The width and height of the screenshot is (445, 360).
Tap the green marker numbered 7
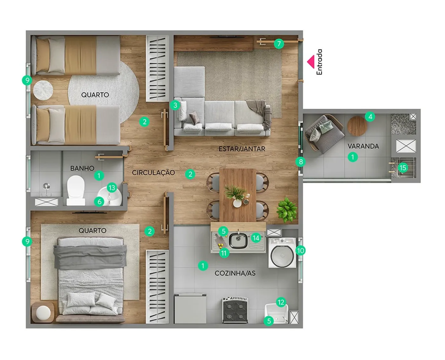pos(279,44)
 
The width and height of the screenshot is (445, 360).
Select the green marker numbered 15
pos(403,168)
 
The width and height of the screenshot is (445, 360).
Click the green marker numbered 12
pos(281,302)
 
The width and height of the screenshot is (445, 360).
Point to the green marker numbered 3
pos(175,105)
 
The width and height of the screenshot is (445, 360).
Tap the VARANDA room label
pos(363,146)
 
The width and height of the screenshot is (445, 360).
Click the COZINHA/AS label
pos(235,273)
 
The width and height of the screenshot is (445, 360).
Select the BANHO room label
pos(82,168)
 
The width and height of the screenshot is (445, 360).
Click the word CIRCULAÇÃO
pos(153,172)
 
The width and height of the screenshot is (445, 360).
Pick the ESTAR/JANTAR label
pos(242,149)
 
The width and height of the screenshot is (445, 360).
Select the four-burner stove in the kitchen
pos(235,310)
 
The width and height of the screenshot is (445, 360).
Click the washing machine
pos(282,253)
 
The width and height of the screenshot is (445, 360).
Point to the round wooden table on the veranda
pos(357,126)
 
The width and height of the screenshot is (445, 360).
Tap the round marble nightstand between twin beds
pos(43,90)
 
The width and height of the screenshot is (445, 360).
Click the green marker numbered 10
pos(301,251)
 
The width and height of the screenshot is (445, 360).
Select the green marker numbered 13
pos(112,188)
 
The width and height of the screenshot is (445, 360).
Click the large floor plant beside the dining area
pos(286,210)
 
